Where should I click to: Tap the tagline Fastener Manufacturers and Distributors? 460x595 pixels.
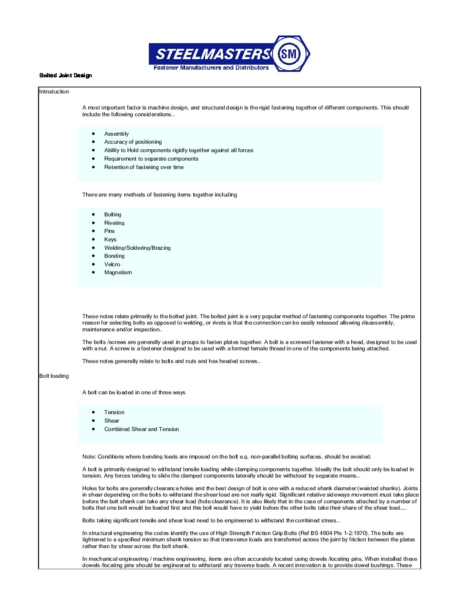click(211, 68)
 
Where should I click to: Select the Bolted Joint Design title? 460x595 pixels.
click(66, 76)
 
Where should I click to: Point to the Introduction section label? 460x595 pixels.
click(54, 92)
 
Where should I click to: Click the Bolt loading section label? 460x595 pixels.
click(54, 376)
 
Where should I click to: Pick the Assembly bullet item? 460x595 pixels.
click(116, 134)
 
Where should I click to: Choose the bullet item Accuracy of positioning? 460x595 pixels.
click(133, 142)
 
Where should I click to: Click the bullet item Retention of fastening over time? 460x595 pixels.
click(144, 167)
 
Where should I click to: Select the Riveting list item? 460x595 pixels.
click(114, 223)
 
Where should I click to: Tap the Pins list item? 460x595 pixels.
click(110, 231)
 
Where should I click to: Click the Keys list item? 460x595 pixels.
click(110, 240)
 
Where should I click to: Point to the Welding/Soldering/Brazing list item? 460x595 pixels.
click(137, 248)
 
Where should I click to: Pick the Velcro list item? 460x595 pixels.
click(112, 265)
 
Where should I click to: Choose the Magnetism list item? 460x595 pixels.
click(118, 273)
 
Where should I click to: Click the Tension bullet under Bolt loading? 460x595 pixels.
click(114, 412)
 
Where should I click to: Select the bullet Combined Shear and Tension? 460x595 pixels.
click(142, 429)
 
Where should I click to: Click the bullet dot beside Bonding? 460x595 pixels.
click(93, 256)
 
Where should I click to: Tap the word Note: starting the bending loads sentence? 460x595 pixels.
click(89, 457)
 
